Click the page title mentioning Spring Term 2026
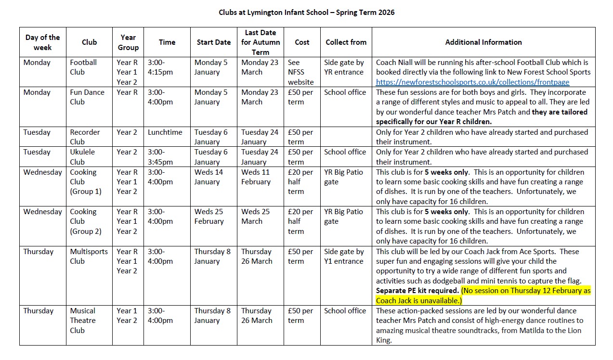point(306,13)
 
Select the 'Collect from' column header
point(346,42)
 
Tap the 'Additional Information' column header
point(483,42)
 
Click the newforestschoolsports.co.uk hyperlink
point(472,82)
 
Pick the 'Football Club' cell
point(84,67)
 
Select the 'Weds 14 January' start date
point(209,177)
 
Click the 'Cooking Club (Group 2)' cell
point(86,221)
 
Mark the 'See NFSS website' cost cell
point(300,72)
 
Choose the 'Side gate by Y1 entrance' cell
point(344,257)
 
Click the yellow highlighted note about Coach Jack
point(484,296)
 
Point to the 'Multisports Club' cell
point(89,257)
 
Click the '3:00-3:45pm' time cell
point(160,157)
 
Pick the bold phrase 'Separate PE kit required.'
point(417,291)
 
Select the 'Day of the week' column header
point(42,42)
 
